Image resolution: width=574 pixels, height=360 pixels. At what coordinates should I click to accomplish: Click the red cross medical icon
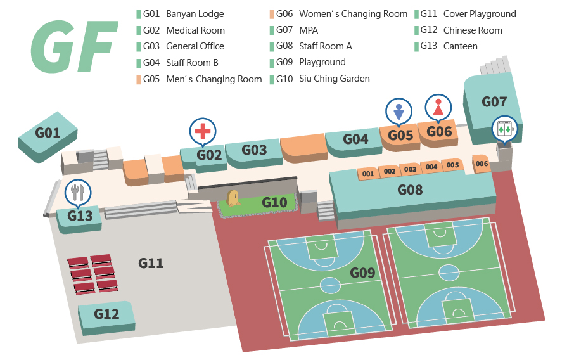(x=202, y=131)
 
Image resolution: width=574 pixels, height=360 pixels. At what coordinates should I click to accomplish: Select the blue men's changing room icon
(x=399, y=112)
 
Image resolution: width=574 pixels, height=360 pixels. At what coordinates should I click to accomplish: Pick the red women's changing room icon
(x=438, y=106)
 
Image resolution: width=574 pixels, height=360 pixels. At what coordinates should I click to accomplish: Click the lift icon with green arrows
(x=505, y=129)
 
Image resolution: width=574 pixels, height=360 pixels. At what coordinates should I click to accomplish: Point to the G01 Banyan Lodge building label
(x=48, y=133)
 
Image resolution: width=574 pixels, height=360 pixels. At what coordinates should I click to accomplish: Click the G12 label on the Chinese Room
(x=106, y=314)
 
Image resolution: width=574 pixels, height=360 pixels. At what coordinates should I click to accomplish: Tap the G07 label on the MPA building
(x=494, y=101)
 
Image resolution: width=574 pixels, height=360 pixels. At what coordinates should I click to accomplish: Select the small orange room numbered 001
(x=367, y=174)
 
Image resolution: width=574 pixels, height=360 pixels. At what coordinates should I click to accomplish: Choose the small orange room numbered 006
(x=482, y=164)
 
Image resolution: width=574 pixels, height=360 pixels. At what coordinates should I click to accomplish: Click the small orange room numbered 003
(x=410, y=169)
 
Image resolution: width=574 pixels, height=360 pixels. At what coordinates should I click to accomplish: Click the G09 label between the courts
(x=363, y=273)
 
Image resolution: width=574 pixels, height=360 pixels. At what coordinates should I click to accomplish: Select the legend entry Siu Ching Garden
(x=334, y=79)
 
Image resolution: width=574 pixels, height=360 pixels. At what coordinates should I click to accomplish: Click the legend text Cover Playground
(x=479, y=14)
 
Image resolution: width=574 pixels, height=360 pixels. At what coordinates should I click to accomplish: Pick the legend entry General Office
(x=195, y=46)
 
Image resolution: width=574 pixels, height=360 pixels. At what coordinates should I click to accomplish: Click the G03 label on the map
(x=255, y=150)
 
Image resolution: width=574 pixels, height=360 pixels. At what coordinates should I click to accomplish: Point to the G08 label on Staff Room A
(x=410, y=189)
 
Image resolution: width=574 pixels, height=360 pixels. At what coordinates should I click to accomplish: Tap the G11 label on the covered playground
(x=151, y=262)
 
